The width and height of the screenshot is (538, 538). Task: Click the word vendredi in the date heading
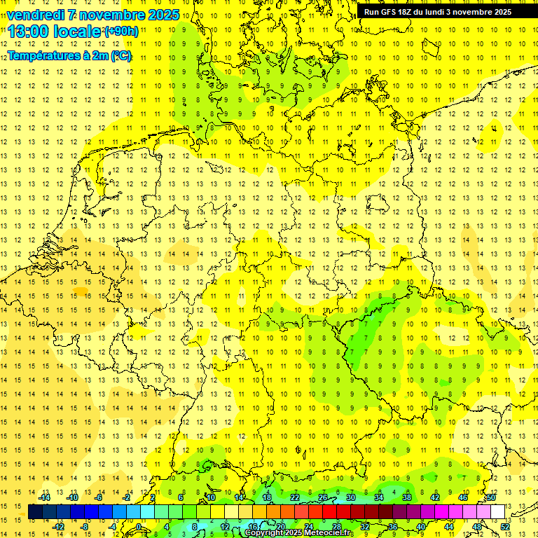coord(35,15)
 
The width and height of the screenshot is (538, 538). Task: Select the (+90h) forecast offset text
coord(121,32)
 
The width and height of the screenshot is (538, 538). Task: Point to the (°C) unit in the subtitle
coord(120,55)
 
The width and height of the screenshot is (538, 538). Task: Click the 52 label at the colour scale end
coord(505,526)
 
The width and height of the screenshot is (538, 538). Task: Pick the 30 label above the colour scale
coord(351,497)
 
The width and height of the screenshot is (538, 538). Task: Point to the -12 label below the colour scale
coord(59,526)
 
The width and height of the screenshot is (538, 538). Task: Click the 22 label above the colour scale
coord(295,497)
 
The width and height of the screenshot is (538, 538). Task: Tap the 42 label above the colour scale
coord(435,497)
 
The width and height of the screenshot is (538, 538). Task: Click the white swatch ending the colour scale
coord(497,511)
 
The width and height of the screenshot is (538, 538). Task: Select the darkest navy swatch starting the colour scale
coord(35,511)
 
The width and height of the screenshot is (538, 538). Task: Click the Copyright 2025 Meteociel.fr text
coord(300,533)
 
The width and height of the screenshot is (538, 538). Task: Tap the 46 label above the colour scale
coord(463,497)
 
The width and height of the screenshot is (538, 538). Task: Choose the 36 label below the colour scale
coord(393,526)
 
